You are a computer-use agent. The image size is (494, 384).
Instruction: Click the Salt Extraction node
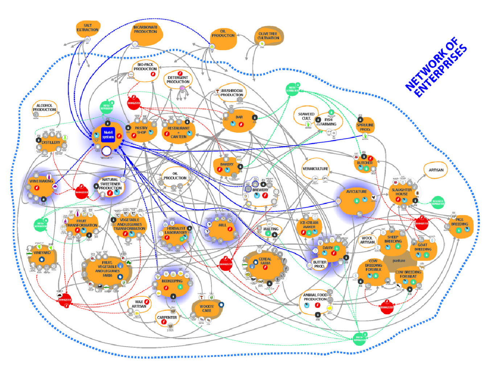pyautogui.click(x=87, y=28)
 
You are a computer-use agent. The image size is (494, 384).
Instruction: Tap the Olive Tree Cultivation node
pyautogui.click(x=268, y=36)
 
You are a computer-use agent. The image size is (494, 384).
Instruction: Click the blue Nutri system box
pyautogui.click(x=108, y=135)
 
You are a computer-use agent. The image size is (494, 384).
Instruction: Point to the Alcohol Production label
pyautogui.click(x=44, y=108)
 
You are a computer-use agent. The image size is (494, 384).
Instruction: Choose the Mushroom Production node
pyautogui.click(x=231, y=93)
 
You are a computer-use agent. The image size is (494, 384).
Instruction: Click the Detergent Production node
pyautogui.click(x=178, y=80)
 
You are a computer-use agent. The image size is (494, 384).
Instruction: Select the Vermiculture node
pyautogui.click(x=315, y=169)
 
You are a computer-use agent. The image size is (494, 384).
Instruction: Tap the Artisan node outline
pyautogui.click(x=436, y=170)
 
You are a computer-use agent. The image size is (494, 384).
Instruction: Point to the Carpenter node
pyautogui.click(x=167, y=318)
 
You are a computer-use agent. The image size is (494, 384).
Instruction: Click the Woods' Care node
pyautogui.click(x=206, y=309)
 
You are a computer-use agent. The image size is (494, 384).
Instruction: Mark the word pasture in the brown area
pyautogui.click(x=399, y=261)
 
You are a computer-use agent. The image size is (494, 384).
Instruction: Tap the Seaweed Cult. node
pyautogui.click(x=306, y=116)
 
